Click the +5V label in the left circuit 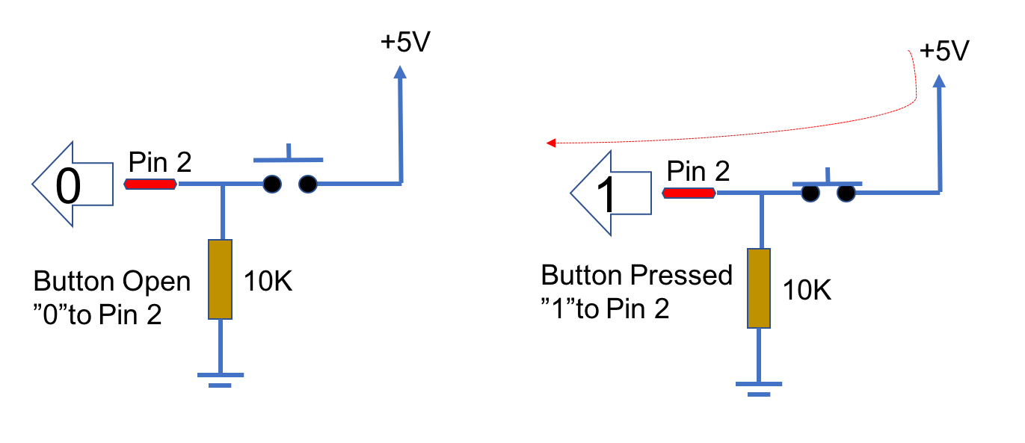click(404, 43)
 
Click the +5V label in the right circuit click(944, 52)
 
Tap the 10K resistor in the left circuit click(221, 279)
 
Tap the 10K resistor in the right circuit click(759, 288)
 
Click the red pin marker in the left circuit click(151, 184)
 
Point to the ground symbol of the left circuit click(220, 379)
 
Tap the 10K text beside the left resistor click(267, 282)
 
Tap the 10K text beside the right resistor click(807, 290)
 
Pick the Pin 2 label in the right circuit click(698, 171)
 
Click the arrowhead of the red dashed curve click(551, 143)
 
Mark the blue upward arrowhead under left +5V click(401, 72)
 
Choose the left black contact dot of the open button click(272, 184)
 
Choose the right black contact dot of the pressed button click(846, 193)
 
